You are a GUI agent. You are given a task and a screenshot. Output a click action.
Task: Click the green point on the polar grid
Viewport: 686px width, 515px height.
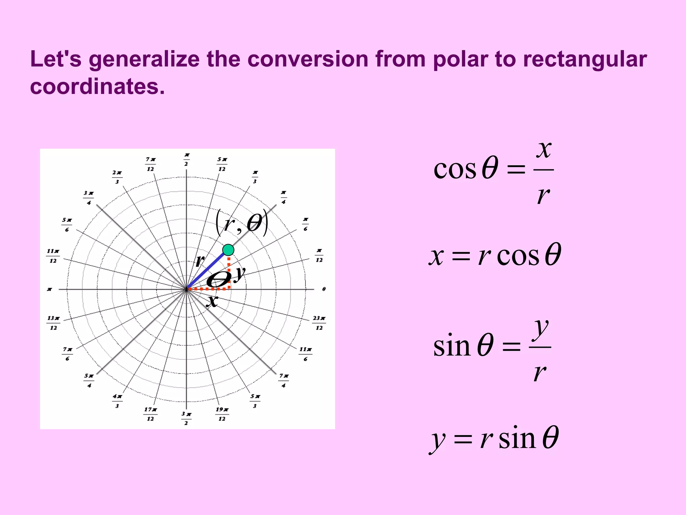[228, 250]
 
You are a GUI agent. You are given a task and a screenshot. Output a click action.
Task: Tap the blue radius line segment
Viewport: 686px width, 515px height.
[206, 271]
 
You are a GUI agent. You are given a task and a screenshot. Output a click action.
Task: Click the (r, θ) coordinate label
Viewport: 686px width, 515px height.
[242, 223]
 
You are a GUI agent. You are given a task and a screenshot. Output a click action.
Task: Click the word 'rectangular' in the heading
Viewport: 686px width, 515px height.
[585, 60]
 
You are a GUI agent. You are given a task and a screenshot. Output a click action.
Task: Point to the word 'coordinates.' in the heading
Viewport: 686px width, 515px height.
[97, 87]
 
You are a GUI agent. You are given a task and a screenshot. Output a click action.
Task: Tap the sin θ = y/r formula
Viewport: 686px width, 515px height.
[492, 347]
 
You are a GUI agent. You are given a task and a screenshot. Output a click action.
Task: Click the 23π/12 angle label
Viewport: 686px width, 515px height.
[319, 323]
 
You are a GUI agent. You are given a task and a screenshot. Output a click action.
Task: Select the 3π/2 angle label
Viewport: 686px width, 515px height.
[186, 418]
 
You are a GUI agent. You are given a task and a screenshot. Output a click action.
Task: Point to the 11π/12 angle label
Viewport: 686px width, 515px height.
[53, 256]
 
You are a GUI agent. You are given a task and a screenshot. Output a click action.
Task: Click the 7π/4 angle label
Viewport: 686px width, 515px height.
[284, 381]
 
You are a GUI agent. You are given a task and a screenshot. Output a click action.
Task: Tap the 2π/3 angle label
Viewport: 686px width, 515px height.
[117, 177]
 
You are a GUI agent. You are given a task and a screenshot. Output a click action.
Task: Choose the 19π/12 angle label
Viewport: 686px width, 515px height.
[222, 414]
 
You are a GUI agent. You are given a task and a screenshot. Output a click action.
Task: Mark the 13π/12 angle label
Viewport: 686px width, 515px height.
[53, 323]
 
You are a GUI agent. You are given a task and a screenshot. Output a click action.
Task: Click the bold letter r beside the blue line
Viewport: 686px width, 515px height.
[200, 260]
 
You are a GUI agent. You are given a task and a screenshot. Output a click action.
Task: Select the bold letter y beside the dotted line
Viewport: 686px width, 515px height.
[239, 274]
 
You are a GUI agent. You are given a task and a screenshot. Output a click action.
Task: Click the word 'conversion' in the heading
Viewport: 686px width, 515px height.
[307, 60]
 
